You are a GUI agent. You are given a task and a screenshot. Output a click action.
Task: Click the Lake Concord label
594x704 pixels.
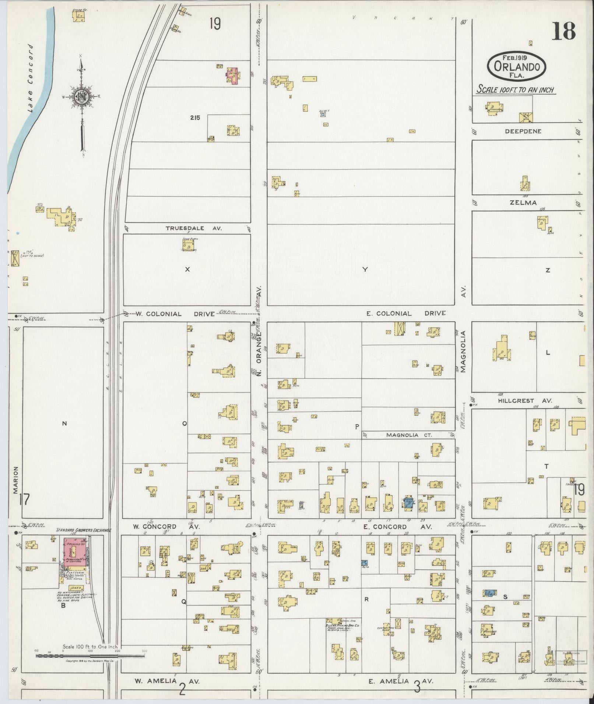tap(31, 78)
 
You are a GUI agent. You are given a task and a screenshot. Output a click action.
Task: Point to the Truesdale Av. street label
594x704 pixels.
tap(194, 228)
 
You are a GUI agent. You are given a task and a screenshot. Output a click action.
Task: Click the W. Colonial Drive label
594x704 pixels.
tap(175, 314)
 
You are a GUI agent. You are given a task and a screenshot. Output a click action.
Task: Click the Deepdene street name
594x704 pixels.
tap(523, 131)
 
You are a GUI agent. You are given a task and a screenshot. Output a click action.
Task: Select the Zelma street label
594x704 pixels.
tap(523, 202)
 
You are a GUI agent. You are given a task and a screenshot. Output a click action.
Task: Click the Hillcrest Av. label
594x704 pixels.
tap(525, 401)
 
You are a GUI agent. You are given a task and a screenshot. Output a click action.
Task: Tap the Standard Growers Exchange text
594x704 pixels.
tap(83, 530)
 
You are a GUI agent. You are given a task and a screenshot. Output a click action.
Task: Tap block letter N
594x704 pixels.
tap(64, 424)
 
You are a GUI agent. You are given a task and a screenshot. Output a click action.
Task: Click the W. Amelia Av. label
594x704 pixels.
tap(166, 681)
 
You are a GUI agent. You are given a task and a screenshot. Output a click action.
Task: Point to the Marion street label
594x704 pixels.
tap(16, 481)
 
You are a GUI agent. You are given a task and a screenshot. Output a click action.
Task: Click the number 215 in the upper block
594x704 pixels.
tap(195, 118)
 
